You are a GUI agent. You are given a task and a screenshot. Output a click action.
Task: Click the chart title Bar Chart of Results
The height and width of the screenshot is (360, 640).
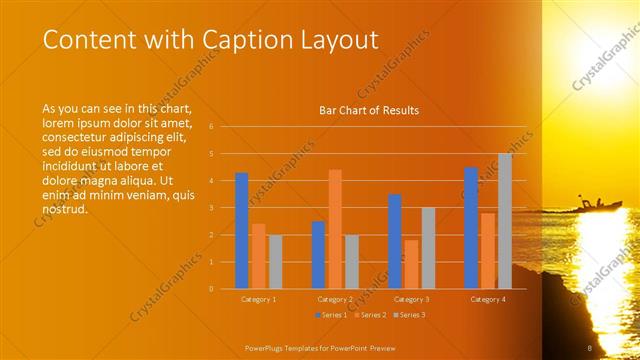pos(369,110)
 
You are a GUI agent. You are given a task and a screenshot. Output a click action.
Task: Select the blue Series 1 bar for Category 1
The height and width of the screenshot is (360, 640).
pos(241,231)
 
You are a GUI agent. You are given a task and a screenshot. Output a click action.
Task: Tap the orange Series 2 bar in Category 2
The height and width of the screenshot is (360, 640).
pos(335,229)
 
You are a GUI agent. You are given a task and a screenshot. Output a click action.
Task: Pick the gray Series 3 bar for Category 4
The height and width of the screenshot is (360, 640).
pos(505,221)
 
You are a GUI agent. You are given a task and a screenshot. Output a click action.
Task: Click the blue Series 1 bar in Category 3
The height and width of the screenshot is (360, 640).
pos(395,241)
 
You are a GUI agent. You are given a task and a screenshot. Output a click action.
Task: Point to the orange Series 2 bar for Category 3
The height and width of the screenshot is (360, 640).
pos(411,264)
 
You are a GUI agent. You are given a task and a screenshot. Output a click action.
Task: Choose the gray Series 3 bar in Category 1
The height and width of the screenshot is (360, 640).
pos(275,262)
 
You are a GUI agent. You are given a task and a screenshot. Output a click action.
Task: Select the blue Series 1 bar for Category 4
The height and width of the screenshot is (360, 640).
pos(471,228)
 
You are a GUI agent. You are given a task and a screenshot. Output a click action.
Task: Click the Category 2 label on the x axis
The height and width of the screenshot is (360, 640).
pos(335,299)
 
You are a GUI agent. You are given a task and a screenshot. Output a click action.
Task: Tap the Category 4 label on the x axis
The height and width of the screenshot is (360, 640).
pos(488,299)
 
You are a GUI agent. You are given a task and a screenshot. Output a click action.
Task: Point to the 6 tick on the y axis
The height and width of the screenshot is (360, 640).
pos(210,127)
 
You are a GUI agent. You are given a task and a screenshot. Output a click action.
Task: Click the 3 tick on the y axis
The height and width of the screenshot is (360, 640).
pos(210,208)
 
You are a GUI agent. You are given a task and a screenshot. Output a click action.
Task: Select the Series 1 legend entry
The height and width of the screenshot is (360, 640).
pos(332,315)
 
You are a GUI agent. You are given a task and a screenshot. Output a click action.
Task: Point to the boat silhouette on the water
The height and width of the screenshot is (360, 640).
pos(597,204)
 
